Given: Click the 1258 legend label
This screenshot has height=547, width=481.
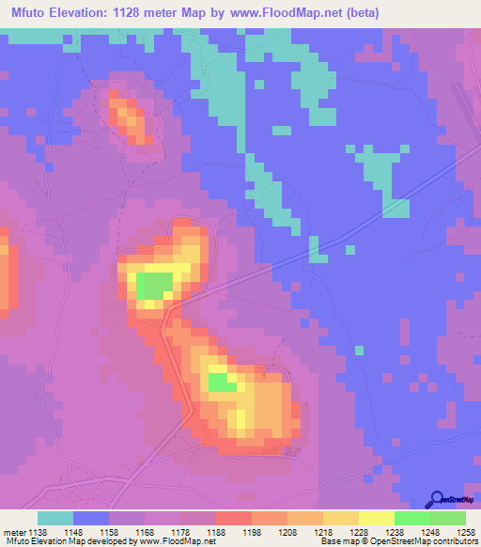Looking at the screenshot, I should pyautogui.click(x=467, y=531).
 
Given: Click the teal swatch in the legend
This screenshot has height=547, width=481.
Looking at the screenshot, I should pyautogui.click(x=55, y=517).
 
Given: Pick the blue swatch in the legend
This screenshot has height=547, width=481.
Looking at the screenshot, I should pyautogui.click(x=91, y=517).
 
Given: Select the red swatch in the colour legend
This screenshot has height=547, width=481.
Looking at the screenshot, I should pyautogui.click(x=234, y=517).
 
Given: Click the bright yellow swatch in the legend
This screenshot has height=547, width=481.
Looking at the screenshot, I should pyautogui.click(x=377, y=517).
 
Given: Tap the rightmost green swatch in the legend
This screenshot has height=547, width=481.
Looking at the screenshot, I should pyautogui.click(x=448, y=517).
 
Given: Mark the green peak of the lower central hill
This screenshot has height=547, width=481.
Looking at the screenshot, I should pyautogui.click(x=222, y=383).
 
